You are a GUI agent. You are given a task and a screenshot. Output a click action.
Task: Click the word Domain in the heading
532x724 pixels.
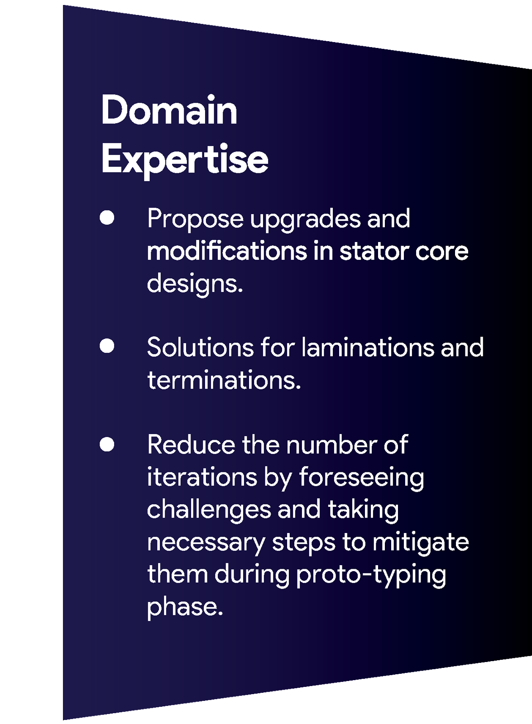pyautogui.click(x=169, y=110)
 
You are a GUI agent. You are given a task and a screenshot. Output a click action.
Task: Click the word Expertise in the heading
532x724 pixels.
pyautogui.click(x=185, y=161)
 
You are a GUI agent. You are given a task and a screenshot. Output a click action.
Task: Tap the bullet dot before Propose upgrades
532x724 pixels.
pyautogui.click(x=107, y=217)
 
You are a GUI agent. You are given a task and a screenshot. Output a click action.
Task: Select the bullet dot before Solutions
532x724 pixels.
pyautogui.click(x=107, y=346)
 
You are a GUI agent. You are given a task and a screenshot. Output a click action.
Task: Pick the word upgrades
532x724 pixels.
pyautogui.click(x=305, y=220)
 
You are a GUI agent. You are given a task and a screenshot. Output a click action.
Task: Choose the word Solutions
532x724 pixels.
pyautogui.click(x=201, y=347)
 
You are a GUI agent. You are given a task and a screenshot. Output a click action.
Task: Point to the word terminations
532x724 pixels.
pyautogui.click(x=224, y=380)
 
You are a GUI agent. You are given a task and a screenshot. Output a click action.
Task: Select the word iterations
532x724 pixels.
pyautogui.click(x=202, y=477)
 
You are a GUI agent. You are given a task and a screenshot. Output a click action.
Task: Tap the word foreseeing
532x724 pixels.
pyautogui.click(x=362, y=479)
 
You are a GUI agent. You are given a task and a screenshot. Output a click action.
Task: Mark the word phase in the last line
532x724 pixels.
pyautogui.click(x=185, y=608)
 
